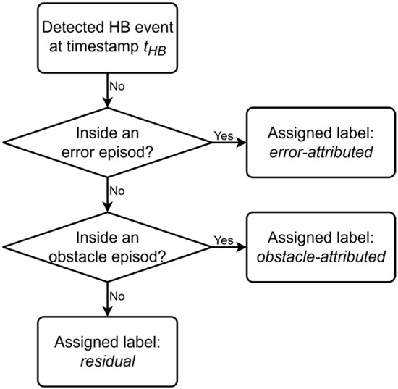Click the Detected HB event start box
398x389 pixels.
pyautogui.click(x=107, y=38)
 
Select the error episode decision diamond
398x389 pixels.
pyautogui.click(x=107, y=143)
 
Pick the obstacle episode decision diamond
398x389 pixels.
pyautogui.click(x=107, y=247)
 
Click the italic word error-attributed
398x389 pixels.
pyautogui.click(x=321, y=152)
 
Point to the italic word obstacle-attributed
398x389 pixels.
pyautogui.click(x=321, y=256)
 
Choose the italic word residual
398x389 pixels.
pyautogui.click(x=108, y=361)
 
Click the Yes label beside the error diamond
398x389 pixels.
pyautogui.click(x=224, y=135)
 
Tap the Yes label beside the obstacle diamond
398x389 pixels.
pyautogui.click(x=224, y=240)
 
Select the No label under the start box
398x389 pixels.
pyautogui.click(x=117, y=87)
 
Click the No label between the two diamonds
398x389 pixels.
pyautogui.click(x=117, y=191)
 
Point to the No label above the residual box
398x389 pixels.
pyautogui.click(x=117, y=296)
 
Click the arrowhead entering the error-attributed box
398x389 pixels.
pyautogui.click(x=242, y=143)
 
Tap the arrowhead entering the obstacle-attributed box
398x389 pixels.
pyautogui.click(x=242, y=247)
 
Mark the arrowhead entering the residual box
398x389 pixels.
pyautogui.click(x=107, y=311)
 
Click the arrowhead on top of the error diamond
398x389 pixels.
pyautogui.click(x=107, y=103)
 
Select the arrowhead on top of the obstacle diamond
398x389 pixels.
pyautogui.click(x=107, y=207)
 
